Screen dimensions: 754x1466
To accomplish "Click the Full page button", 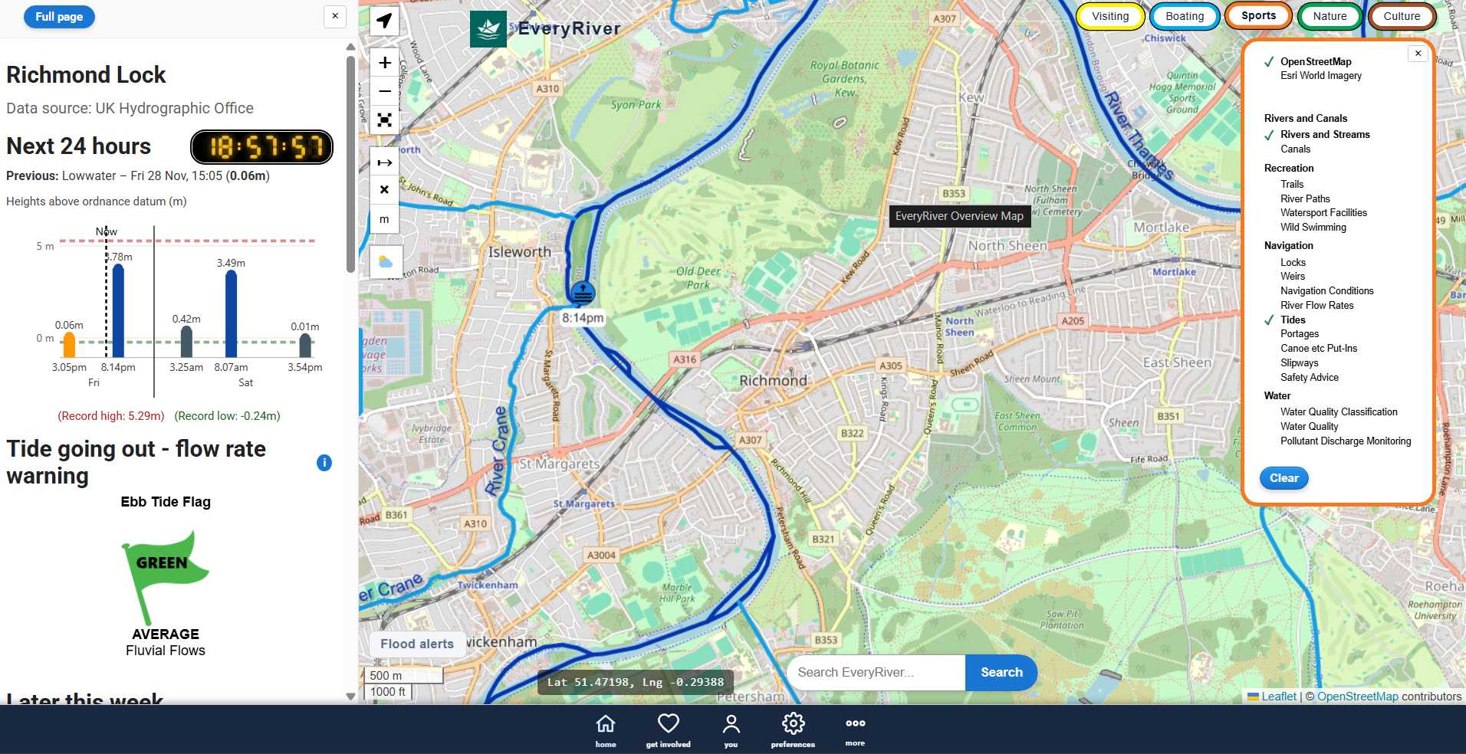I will click(x=59, y=17).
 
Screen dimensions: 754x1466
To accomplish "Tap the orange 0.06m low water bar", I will click(x=69, y=345).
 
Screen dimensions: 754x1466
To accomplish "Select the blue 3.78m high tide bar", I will click(x=118, y=310).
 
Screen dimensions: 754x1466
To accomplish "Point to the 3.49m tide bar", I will click(x=231, y=313).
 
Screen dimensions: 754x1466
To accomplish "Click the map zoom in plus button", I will click(x=385, y=63).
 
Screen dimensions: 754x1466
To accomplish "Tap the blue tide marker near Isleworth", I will click(x=583, y=293).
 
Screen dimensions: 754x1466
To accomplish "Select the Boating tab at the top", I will click(x=1184, y=16).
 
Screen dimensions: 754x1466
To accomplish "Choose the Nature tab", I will click(x=1329, y=16).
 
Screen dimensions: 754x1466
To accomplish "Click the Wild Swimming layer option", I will click(x=1313, y=228).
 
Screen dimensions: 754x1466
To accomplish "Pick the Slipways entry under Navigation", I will click(x=1299, y=363).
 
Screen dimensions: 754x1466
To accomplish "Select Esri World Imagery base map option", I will click(x=1320, y=76).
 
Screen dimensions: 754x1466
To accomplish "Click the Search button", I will click(x=1001, y=672).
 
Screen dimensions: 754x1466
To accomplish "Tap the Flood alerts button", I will click(x=417, y=644).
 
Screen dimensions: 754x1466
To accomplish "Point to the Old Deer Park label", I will click(x=698, y=277).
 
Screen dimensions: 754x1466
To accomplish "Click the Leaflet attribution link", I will click(x=1278, y=697).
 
